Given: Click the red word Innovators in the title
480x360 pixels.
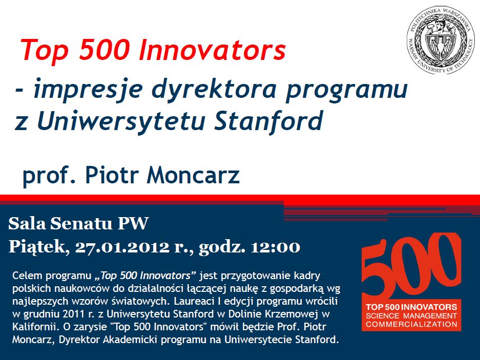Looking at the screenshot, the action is [212, 50].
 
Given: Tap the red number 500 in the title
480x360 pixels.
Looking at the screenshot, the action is [102, 50].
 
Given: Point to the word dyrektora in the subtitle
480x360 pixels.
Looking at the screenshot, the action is [214, 89].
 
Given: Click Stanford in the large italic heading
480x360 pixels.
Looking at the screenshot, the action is [268, 120].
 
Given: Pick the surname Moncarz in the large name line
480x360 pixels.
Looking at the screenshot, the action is [193, 175].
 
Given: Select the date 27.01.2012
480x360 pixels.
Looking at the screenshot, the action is [122, 247].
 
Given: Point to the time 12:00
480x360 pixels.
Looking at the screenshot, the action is [275, 247].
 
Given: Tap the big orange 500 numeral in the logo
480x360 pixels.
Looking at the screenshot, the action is [411, 265].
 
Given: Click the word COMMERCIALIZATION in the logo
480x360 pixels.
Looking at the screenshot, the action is [411, 324].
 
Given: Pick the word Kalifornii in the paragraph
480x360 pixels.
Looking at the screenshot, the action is [36, 327].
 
